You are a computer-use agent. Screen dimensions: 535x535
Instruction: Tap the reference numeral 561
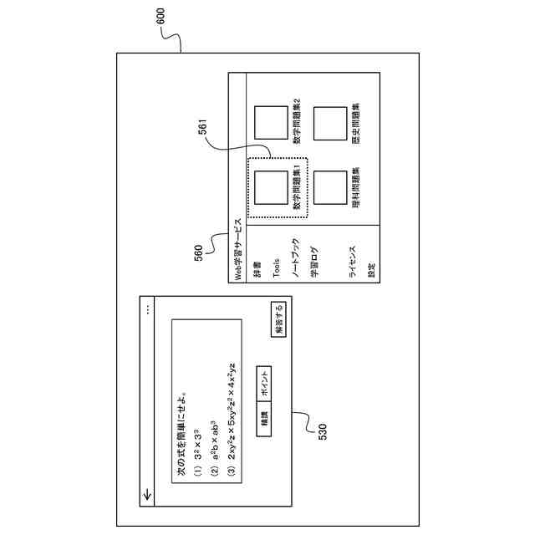pos(203,129)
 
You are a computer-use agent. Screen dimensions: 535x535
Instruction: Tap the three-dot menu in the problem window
pos(147,308)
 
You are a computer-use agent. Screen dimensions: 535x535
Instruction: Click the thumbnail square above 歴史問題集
pos(330,123)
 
